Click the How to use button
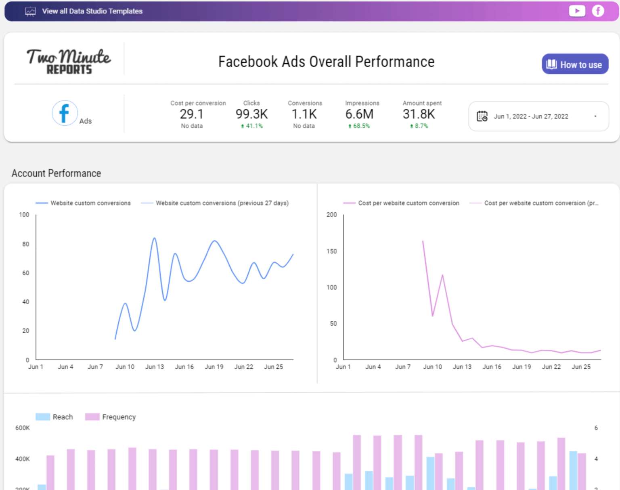pos(575,64)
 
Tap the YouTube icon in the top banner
pos(577,11)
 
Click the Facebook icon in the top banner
pos(598,11)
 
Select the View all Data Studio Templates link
pos(92,11)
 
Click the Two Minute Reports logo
pos(69,61)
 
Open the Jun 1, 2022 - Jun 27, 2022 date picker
pos(538,116)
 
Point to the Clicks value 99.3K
pos(251,114)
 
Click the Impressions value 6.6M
pos(359,114)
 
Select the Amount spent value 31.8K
pos(419,114)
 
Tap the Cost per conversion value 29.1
pos(192,114)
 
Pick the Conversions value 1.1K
pos(304,114)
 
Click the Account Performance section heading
pos(57,173)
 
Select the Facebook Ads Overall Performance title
pos(326,62)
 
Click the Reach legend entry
pos(54,417)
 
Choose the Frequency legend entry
pos(111,417)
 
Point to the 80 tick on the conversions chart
pos(26,244)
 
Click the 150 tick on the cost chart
pos(331,251)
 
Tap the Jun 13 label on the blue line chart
pos(155,367)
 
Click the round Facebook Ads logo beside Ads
pos(65,113)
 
